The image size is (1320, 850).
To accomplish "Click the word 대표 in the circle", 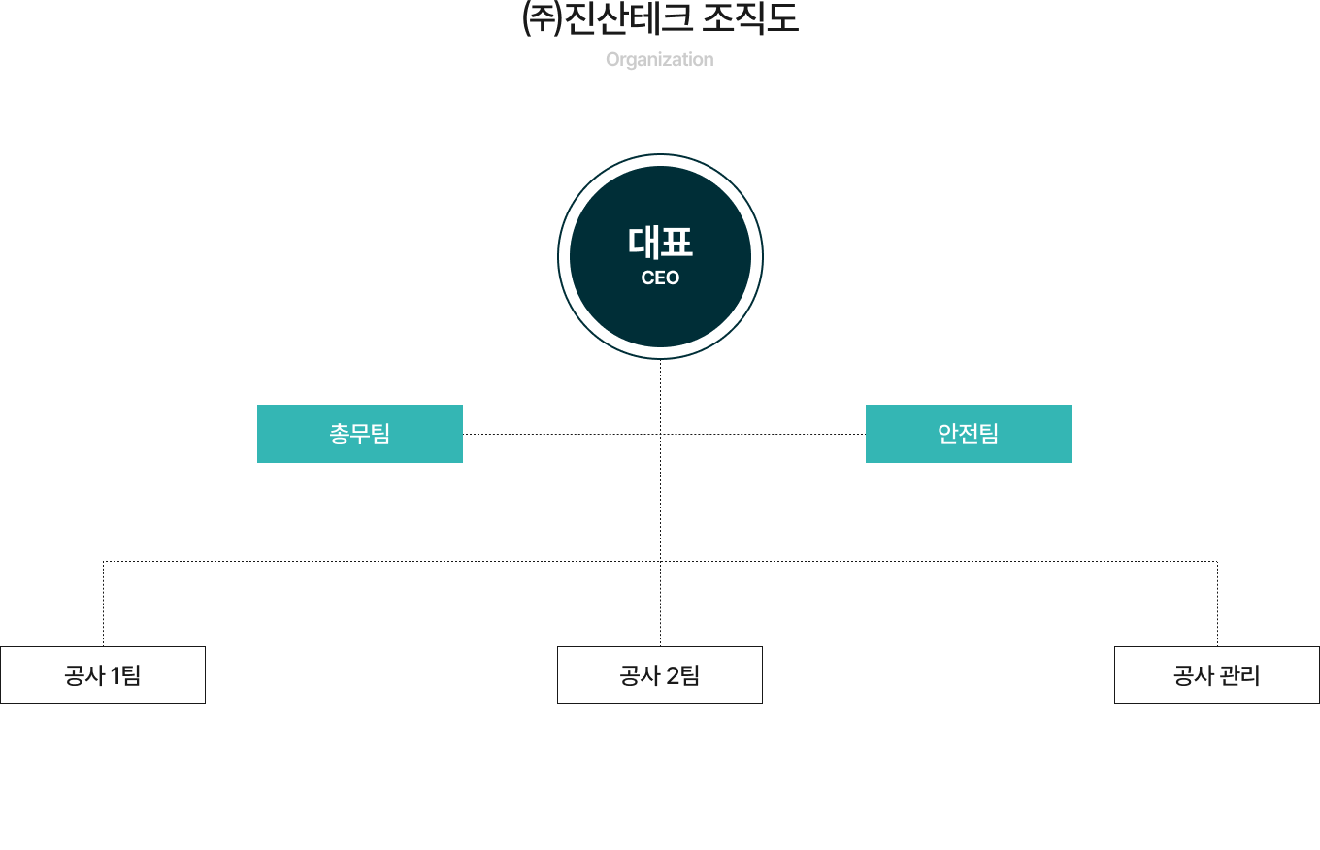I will point(660,243).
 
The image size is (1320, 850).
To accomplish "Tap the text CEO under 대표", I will point(660,278).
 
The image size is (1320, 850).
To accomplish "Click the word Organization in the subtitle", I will point(660,59).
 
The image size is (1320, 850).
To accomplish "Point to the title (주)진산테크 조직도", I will point(660,20).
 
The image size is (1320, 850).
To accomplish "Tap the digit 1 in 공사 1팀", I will point(116,676).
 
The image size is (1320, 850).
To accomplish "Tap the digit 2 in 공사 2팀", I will point(673,676).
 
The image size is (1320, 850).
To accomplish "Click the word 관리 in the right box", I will point(1239,676).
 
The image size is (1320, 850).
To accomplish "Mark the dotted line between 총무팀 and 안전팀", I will point(563,434).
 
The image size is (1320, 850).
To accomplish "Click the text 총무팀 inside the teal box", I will point(360,434).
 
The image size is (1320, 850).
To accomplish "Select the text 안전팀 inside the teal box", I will point(969,434).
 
